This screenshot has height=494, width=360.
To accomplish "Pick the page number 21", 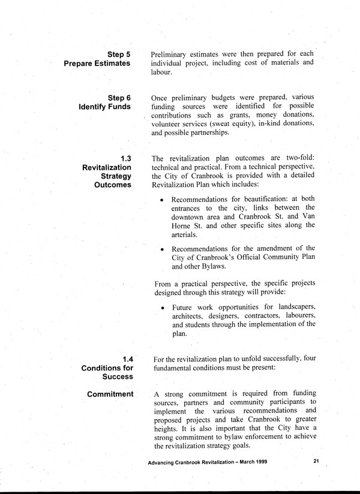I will (316, 461).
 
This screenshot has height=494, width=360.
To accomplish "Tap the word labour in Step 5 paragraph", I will (161, 73).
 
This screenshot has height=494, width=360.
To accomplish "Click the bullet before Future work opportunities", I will (163, 307).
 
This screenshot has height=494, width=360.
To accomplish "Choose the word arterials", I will (187, 234).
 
